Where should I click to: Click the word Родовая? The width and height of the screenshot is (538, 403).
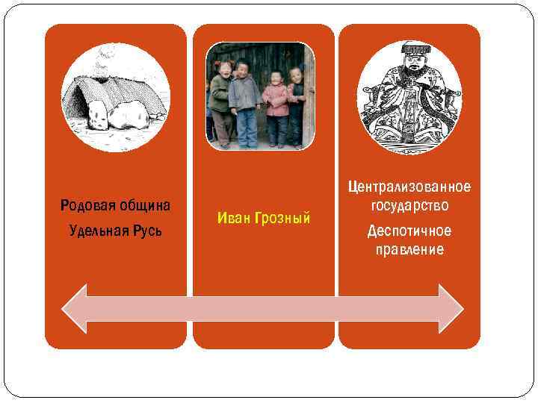pyautogui.click(x=86, y=205)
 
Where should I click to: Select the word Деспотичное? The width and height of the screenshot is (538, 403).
pyautogui.click(x=409, y=231)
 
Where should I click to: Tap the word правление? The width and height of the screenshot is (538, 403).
pyautogui.click(x=409, y=249)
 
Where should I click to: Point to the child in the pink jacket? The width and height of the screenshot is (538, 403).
pyautogui.click(x=276, y=104)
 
